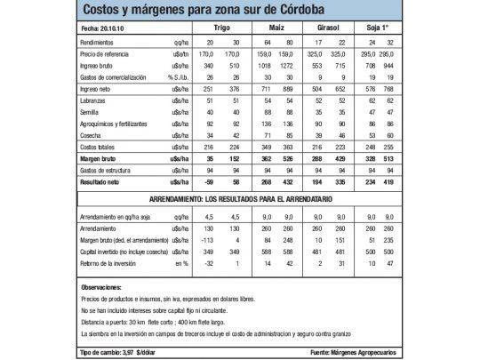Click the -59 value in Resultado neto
[x=208, y=179]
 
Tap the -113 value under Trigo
[x=208, y=240]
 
